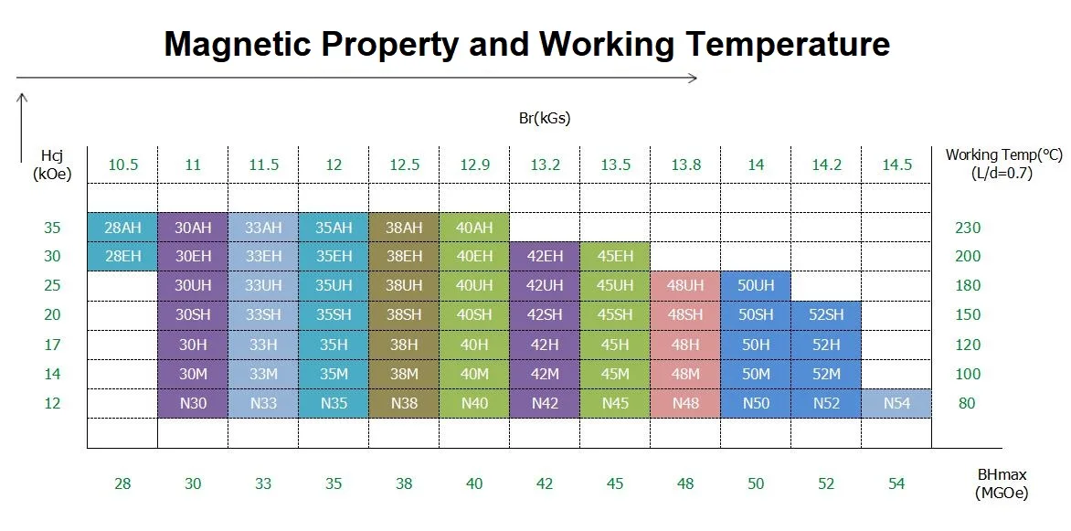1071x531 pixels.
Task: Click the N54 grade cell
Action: pos(896,403)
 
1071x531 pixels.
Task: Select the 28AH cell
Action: pos(122,228)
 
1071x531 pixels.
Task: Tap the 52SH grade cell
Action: pos(826,315)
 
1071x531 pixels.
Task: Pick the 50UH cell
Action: pos(756,285)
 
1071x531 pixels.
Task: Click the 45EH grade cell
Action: pos(615,257)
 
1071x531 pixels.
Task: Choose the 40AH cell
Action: pos(474,228)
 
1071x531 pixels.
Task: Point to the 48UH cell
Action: pos(685,285)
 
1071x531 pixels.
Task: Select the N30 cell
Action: pos(193,403)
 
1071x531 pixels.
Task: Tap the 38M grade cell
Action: pos(404,374)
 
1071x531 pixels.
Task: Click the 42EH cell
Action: pos(545,257)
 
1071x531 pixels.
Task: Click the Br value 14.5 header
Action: pos(896,165)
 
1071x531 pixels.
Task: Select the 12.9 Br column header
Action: pos(474,165)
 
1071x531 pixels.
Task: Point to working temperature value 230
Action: pos(968,228)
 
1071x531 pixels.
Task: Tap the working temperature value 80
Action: pos(968,403)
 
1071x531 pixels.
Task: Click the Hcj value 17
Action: pos(52,345)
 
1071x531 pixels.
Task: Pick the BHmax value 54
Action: pos(896,484)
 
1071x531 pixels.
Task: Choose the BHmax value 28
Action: pos(122,484)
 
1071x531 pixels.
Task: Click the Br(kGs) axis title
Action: pos(545,118)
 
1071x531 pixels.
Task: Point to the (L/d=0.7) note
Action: pos(1002,174)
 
